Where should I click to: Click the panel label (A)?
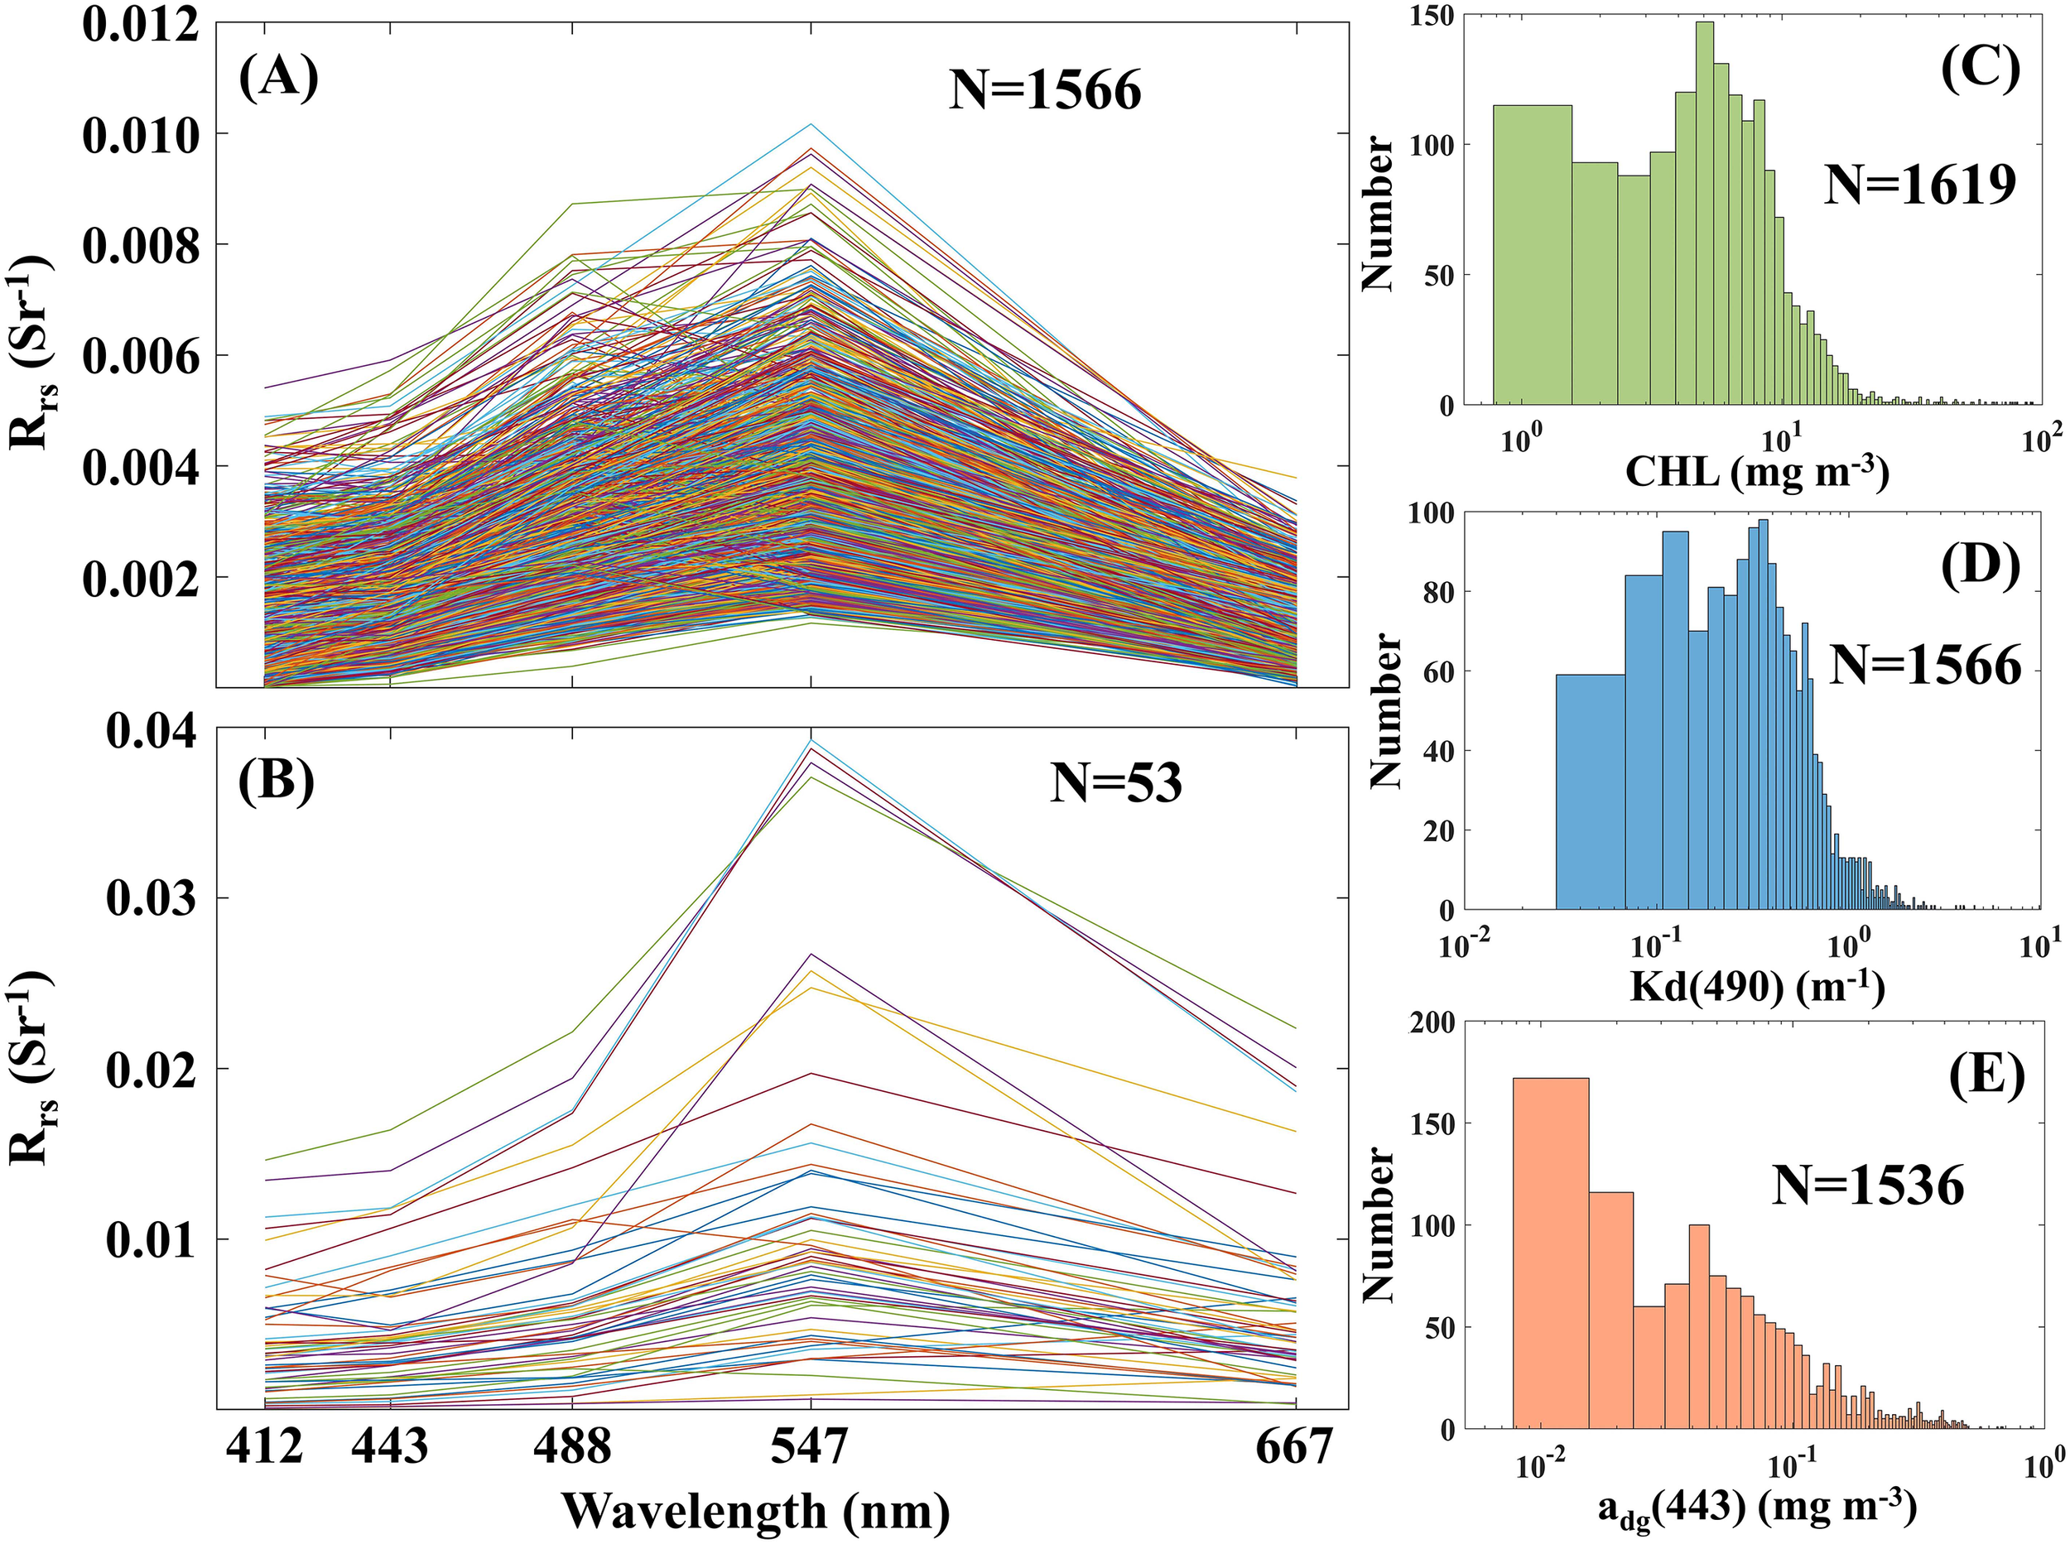click(x=278, y=78)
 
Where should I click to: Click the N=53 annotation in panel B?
click(x=1116, y=783)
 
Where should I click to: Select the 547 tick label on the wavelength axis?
click(x=809, y=1448)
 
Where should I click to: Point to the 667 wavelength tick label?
click(x=1293, y=1448)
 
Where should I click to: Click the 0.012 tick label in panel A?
click(x=140, y=22)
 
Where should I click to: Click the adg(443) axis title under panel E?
click(x=1757, y=1507)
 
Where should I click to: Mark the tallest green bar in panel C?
click(x=1705, y=224)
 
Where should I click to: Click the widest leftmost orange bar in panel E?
click(x=1550, y=1253)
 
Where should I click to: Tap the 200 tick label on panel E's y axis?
click(x=1431, y=1024)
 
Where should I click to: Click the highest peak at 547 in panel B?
click(x=811, y=741)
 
